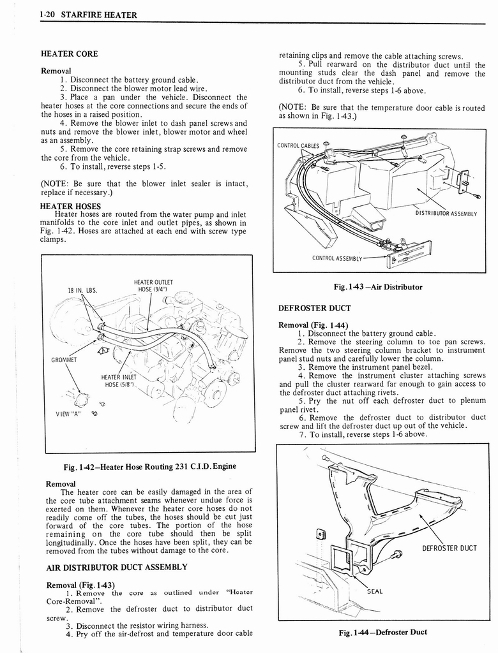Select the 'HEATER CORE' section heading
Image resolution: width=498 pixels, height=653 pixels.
click(x=68, y=55)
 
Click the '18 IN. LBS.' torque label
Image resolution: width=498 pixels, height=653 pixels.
click(x=82, y=290)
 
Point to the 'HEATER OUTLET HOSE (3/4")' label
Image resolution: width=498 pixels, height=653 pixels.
click(x=153, y=286)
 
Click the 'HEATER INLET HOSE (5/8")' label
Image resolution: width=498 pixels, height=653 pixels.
click(x=119, y=381)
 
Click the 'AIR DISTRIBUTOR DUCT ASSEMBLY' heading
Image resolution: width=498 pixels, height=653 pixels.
click(x=116, y=567)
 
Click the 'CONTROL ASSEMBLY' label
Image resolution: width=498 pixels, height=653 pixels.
click(x=337, y=258)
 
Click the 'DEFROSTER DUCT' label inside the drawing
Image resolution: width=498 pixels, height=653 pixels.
click(x=449, y=548)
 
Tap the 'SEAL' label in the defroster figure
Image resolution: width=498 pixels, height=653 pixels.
click(x=375, y=591)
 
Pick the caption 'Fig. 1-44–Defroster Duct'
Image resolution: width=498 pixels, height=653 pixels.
click(x=383, y=632)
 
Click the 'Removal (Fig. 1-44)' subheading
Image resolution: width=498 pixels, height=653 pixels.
click(x=313, y=325)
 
